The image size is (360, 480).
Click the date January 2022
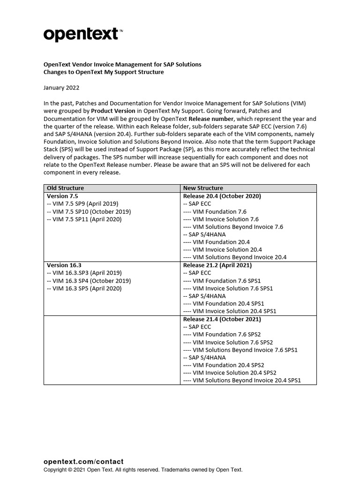[x=61, y=88]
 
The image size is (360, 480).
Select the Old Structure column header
[x=65, y=188]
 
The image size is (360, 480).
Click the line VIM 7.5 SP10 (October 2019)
[x=89, y=211]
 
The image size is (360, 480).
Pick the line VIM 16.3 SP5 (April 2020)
[x=84, y=288]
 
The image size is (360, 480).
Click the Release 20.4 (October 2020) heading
[x=222, y=196]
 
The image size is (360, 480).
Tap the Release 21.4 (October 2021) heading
[x=222, y=319]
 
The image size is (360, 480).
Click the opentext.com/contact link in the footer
[x=83, y=462]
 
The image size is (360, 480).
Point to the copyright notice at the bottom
[x=143, y=470]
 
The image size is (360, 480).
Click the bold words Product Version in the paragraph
[x=113, y=111]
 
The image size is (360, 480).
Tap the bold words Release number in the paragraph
[x=215, y=119]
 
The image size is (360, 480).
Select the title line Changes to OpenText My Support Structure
[x=104, y=72]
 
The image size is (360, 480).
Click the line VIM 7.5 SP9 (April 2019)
[x=83, y=203]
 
